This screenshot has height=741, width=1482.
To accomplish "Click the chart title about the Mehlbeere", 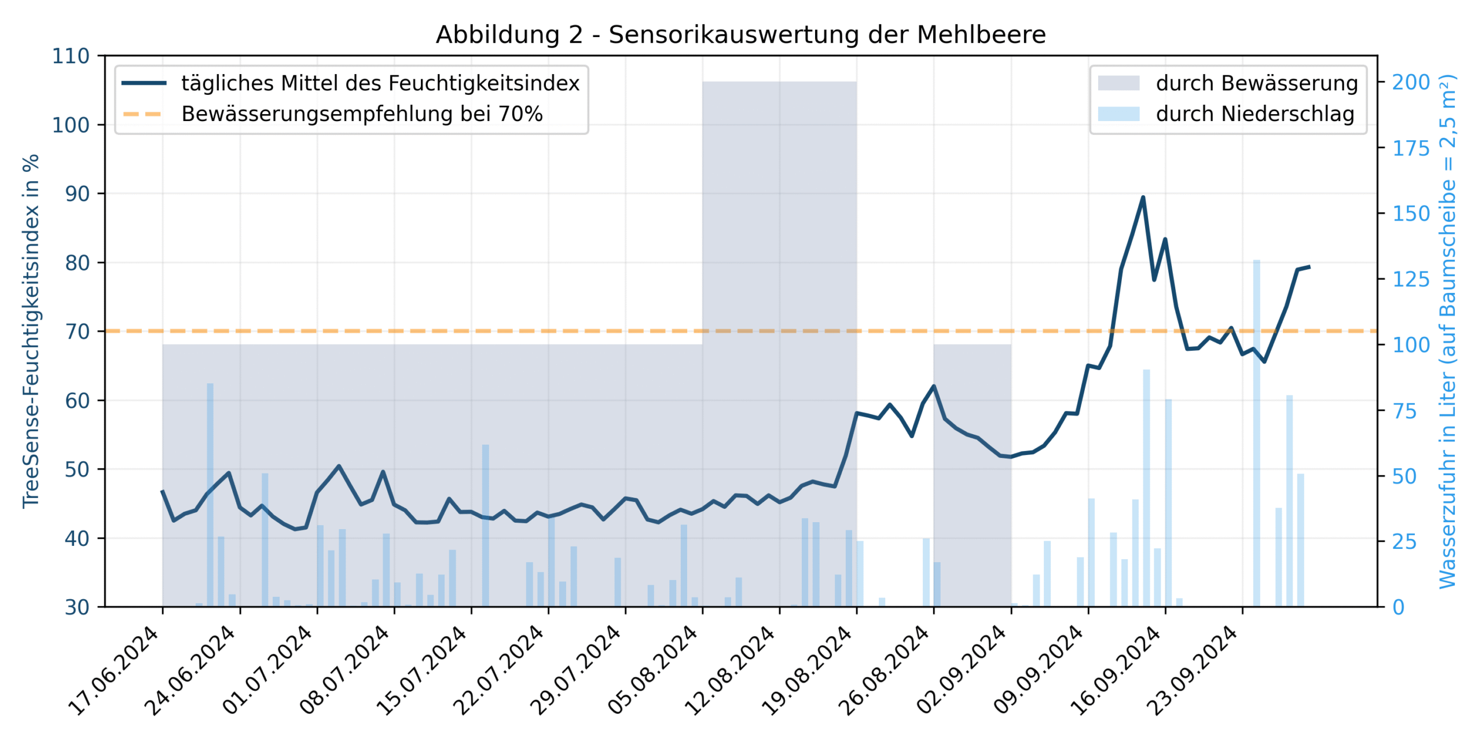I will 740,35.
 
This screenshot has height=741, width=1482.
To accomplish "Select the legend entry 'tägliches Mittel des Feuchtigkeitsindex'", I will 380,83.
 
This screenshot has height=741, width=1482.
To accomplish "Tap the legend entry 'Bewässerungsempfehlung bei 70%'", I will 362,114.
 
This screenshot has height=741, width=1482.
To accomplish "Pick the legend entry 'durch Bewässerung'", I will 1256,83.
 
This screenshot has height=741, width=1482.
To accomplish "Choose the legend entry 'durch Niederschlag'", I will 1254,114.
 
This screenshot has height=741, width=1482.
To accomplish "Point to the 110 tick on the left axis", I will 71,56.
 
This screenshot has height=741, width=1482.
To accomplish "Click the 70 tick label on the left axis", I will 77,332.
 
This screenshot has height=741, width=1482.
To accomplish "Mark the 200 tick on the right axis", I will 1411,82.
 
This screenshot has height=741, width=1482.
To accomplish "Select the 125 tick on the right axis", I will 1411,280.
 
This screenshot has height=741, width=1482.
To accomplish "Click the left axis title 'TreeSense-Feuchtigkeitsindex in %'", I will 30,331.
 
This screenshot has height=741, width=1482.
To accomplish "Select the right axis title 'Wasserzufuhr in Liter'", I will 1447,331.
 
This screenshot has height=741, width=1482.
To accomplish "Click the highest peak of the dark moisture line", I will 1143,197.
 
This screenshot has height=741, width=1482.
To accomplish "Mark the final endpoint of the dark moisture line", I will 1309,267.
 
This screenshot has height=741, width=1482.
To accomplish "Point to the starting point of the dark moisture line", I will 163,491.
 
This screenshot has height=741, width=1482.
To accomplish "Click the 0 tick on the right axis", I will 1398,607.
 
